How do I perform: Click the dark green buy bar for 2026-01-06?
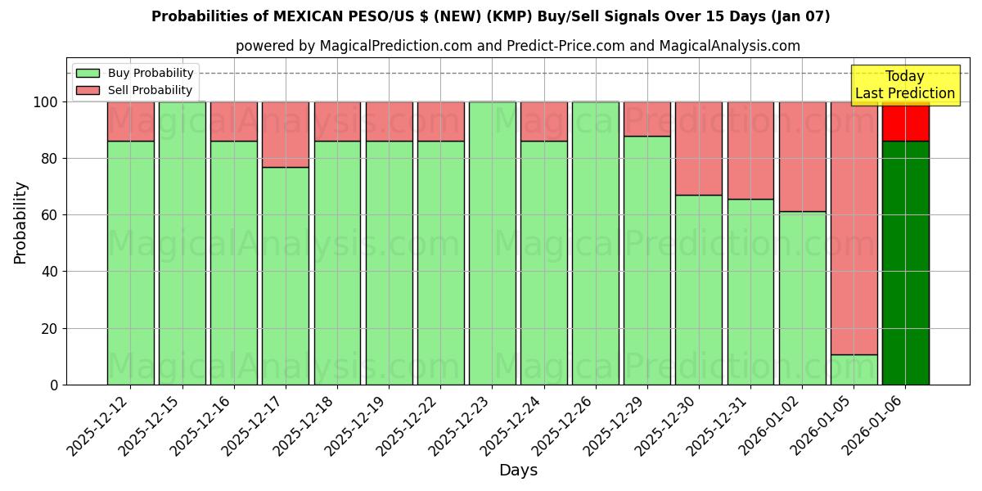click(905, 262)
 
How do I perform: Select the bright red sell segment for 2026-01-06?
click(905, 121)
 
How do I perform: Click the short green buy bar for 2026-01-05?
click(854, 370)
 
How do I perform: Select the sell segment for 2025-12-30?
click(698, 148)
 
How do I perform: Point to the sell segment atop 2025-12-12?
click(130, 121)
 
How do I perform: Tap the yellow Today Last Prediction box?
click(904, 85)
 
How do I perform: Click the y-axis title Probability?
click(20, 222)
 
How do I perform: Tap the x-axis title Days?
click(518, 471)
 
